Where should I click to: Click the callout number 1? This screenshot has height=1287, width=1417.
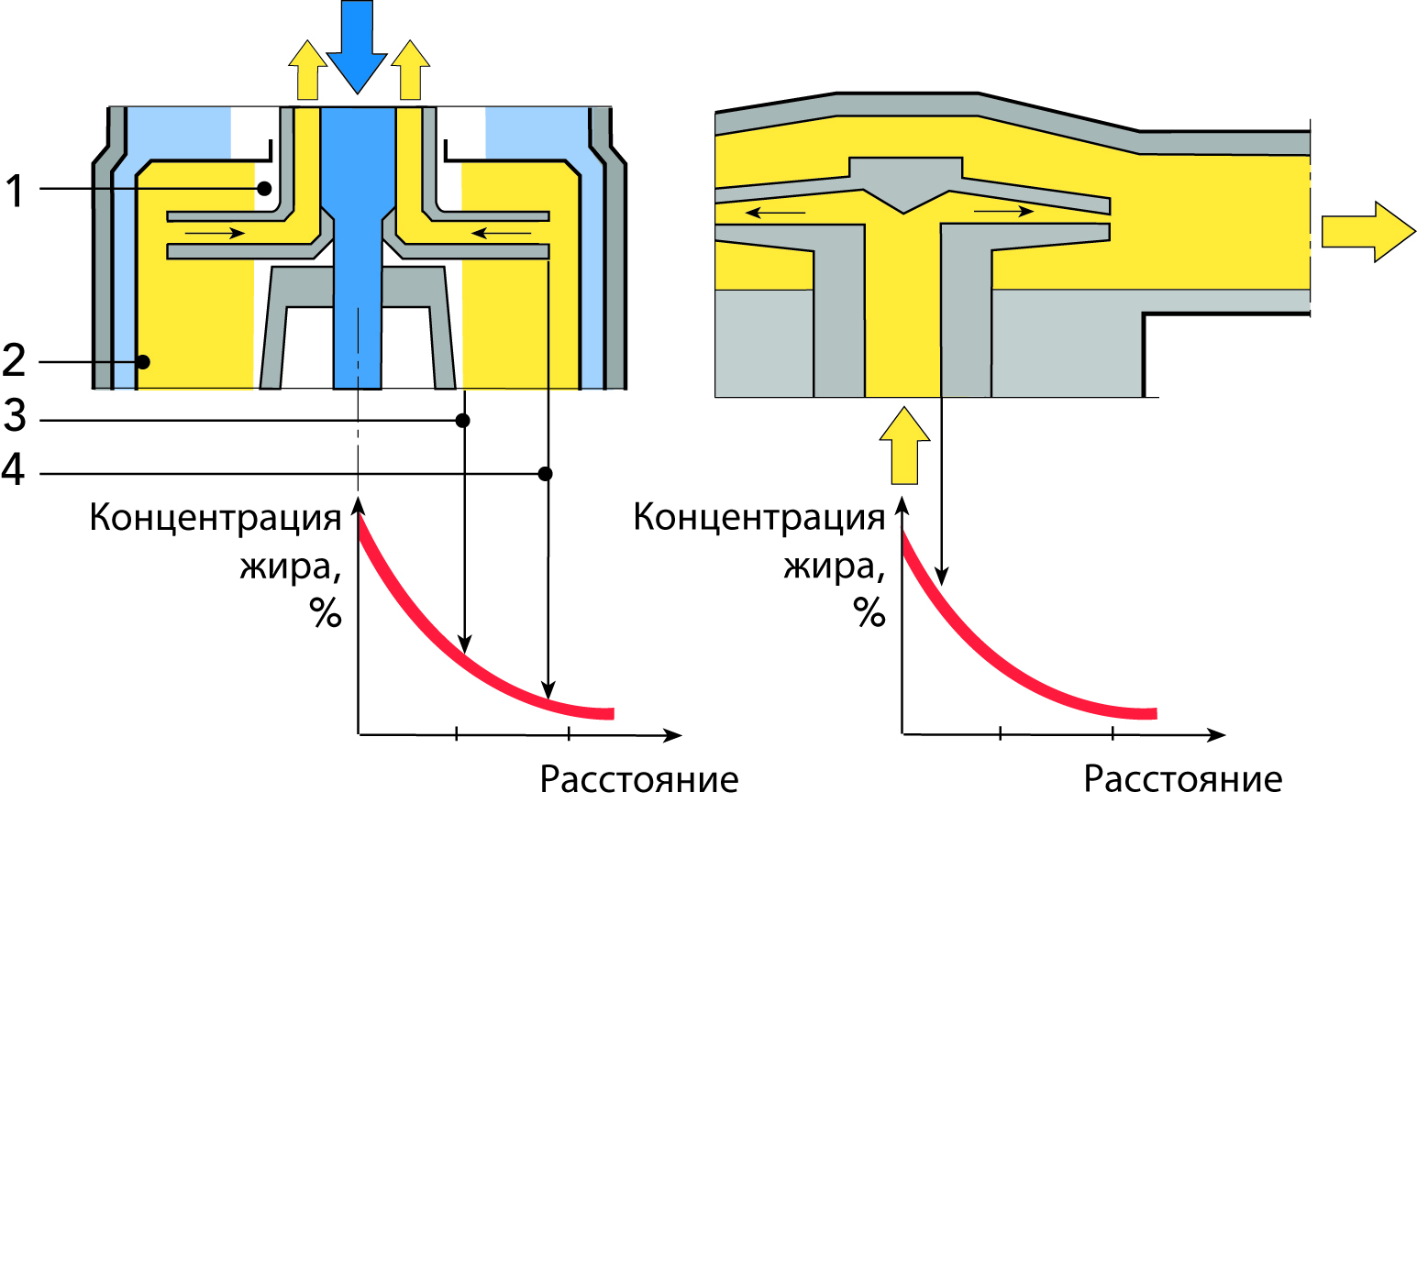coord(14,191)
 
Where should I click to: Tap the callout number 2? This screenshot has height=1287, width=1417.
coord(14,360)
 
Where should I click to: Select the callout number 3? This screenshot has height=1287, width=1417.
coord(14,416)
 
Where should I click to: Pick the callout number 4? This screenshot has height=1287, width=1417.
coord(13,469)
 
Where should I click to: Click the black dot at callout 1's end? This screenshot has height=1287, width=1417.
coord(264,189)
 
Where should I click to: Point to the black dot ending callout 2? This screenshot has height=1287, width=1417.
coord(142,362)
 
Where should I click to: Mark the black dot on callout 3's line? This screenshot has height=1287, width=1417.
coord(463,421)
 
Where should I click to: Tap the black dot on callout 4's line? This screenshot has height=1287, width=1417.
coord(546,474)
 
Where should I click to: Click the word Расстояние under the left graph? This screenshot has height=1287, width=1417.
coord(638,779)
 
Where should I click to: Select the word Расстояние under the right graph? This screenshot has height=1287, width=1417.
coord(1182,779)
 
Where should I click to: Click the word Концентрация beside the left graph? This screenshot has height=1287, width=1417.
coord(216,518)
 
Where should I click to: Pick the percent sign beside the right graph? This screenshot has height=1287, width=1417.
coord(869,611)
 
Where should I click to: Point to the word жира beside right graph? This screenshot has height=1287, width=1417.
coord(830,566)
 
